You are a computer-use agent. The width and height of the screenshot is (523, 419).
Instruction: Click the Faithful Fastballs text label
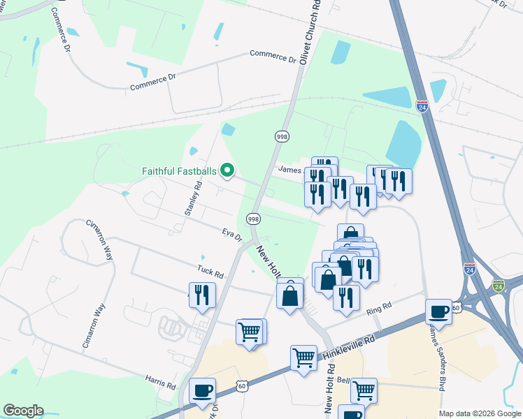(x=180, y=170)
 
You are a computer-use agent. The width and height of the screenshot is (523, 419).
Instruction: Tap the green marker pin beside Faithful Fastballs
(x=227, y=170)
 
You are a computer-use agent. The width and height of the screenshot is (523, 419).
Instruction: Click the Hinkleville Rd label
(x=350, y=346)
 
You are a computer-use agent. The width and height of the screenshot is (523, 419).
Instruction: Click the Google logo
(x=23, y=411)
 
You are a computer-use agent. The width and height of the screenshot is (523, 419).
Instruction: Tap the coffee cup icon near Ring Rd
(x=439, y=311)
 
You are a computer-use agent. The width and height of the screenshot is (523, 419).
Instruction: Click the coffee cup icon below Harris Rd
(x=202, y=390)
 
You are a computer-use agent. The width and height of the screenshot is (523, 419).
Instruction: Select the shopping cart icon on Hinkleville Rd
(x=303, y=358)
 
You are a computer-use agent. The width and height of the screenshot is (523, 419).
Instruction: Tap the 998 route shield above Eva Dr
(x=253, y=219)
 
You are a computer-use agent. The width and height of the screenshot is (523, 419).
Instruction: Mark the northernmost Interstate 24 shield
(x=422, y=106)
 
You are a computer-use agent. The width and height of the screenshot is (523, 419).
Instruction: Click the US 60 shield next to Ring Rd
(x=456, y=307)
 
